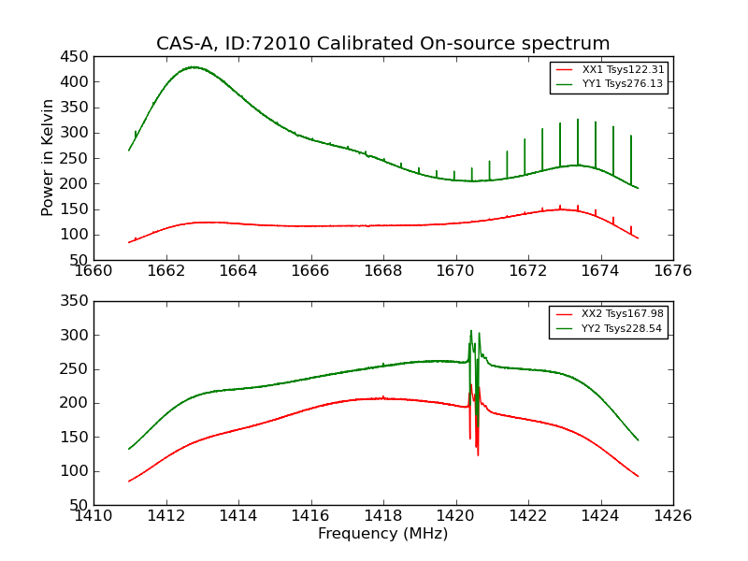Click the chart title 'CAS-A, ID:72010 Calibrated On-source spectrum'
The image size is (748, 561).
tap(382, 44)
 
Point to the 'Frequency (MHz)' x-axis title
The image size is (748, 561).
tap(382, 534)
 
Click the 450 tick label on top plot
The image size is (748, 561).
tap(75, 56)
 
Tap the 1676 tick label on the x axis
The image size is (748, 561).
tap(672, 270)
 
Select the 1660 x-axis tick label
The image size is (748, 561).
tap(93, 270)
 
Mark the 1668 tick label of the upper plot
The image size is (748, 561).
tap(383, 270)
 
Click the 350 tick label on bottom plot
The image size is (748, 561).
tap(75, 301)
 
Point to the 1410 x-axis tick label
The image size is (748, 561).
tap(93, 515)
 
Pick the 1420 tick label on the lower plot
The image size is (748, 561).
tap(456, 515)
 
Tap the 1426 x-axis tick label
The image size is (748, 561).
tap(672, 515)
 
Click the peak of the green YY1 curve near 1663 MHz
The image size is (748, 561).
tap(193, 67)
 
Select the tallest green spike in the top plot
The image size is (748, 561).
tap(578, 120)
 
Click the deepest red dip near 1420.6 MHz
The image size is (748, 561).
tap(478, 454)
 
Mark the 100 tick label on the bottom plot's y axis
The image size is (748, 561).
tap(75, 471)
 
